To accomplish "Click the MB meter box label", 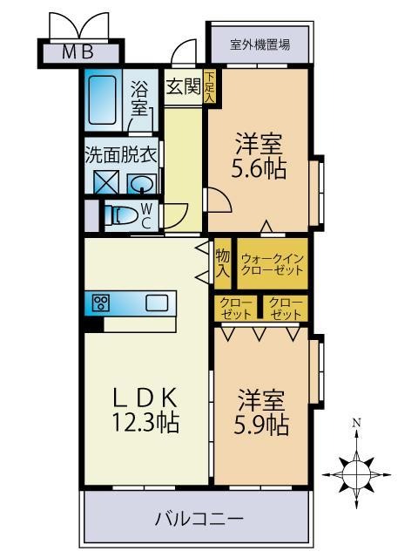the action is click(x=78, y=52).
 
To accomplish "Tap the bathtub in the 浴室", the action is click(x=103, y=100).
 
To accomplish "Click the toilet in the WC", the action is click(x=120, y=215).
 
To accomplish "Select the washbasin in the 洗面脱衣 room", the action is click(x=142, y=184).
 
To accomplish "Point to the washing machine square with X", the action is click(x=106, y=182).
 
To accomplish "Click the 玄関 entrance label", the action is click(x=184, y=86).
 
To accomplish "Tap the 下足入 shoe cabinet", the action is click(x=209, y=86).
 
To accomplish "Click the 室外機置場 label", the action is click(x=260, y=44).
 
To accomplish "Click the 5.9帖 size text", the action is click(x=261, y=425).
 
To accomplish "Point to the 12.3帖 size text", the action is click(x=145, y=422).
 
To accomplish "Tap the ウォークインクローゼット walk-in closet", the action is click(x=273, y=263).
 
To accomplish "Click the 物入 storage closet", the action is click(x=223, y=263).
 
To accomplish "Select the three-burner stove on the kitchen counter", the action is click(x=101, y=303).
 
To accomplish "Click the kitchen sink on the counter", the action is click(x=157, y=303).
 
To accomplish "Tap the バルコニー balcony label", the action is click(x=199, y=519).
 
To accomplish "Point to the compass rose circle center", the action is click(x=356, y=474).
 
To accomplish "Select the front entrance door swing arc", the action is click(x=183, y=50).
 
